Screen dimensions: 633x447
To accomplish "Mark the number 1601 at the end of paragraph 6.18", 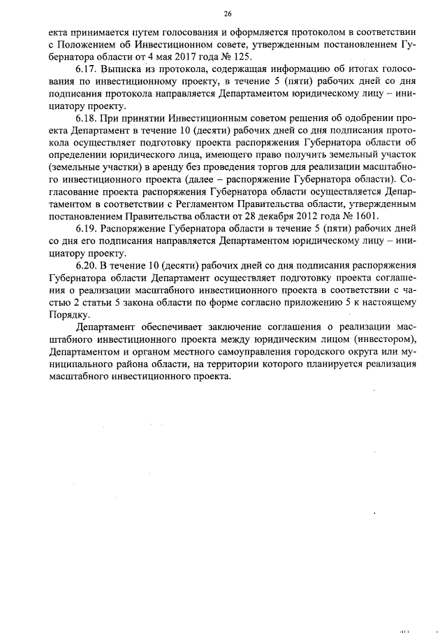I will (365, 215).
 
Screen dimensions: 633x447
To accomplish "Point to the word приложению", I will (331, 304).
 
